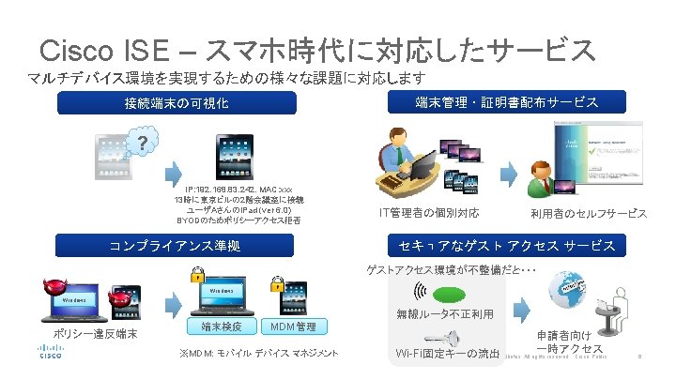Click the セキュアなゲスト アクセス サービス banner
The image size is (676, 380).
(x=507, y=246)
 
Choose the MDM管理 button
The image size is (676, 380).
(x=292, y=327)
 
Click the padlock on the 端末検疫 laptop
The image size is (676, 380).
(x=196, y=276)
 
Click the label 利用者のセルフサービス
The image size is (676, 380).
(x=588, y=213)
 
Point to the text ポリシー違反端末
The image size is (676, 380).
(x=95, y=335)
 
